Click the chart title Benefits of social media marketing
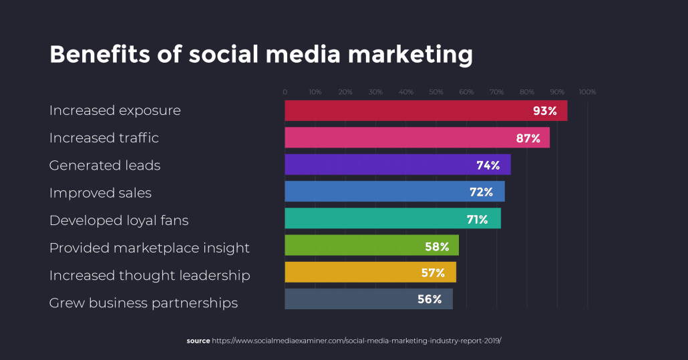(261, 55)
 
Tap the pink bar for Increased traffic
(401, 138)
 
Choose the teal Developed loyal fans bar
(374, 219)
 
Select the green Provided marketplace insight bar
(354, 246)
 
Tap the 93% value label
(545, 111)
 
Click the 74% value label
(488, 165)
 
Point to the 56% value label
(429, 299)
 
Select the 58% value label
(437, 246)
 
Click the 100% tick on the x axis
(587, 92)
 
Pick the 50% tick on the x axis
(436, 92)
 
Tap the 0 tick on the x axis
(285, 92)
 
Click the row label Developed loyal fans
(119, 220)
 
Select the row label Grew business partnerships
(144, 303)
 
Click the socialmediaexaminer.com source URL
(357, 341)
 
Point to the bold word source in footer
(198, 341)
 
